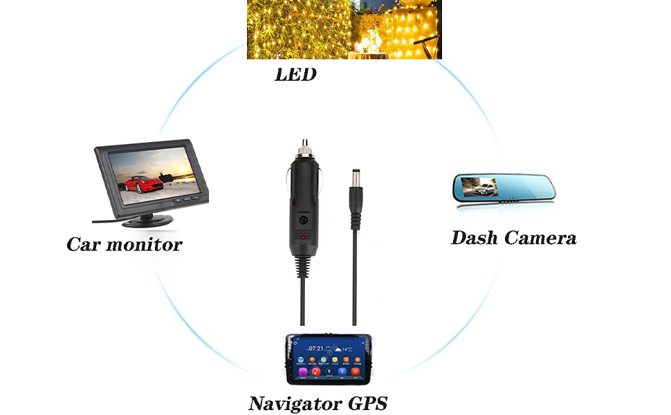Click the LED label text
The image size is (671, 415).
[295, 75]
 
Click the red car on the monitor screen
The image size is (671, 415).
[139, 185]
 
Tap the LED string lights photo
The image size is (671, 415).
[344, 29]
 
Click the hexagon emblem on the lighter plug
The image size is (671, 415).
[302, 217]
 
